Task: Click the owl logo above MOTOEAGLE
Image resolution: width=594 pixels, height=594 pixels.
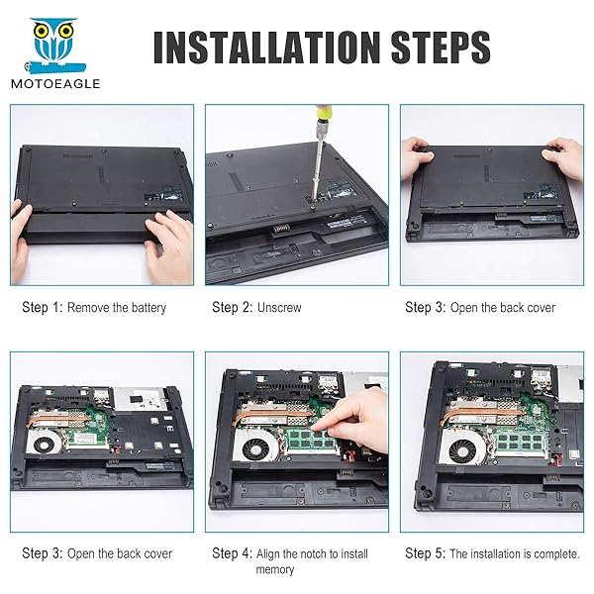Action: click(x=55, y=45)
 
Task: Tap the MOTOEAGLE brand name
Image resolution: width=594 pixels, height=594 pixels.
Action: click(x=55, y=83)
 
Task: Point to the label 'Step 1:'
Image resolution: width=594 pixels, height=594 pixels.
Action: click(x=42, y=307)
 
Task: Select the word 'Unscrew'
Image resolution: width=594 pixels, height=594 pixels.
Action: click(x=279, y=308)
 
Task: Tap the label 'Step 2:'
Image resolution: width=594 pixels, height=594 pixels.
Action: click(x=233, y=307)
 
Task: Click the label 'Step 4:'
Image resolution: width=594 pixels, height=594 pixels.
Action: click(x=233, y=553)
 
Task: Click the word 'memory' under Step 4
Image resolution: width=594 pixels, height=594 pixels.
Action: click(x=275, y=570)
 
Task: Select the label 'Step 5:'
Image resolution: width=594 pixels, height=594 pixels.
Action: click(x=425, y=553)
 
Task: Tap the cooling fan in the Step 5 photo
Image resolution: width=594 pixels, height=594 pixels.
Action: click(x=463, y=450)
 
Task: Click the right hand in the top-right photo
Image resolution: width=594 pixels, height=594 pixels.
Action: click(x=564, y=157)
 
